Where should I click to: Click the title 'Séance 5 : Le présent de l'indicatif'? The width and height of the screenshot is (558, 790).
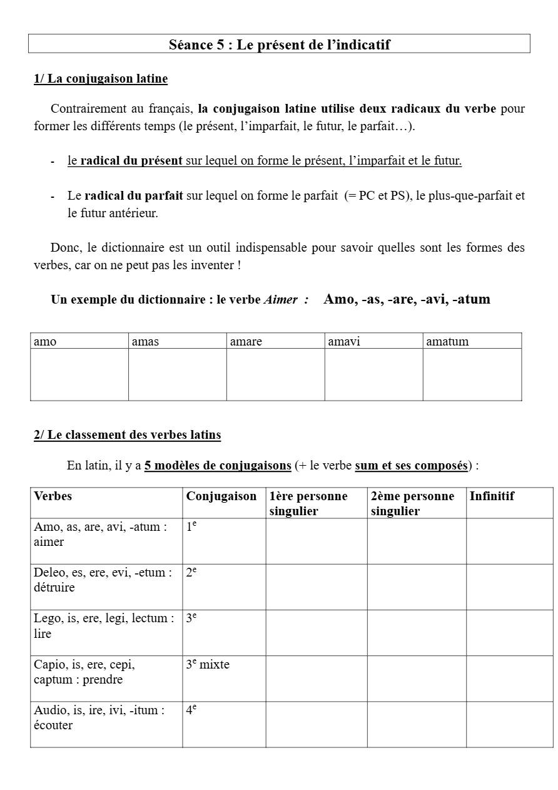pos(279,44)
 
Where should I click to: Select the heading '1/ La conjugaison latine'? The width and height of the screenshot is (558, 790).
pos(101,79)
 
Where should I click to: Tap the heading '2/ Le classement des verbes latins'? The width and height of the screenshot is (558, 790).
pos(127,434)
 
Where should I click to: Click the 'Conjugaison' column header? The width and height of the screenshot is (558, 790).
pos(221,496)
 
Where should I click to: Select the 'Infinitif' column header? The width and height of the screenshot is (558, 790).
pos(492,496)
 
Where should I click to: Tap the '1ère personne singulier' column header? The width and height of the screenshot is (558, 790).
pos(308,503)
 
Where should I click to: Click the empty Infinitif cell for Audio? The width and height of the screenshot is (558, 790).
pos(509,724)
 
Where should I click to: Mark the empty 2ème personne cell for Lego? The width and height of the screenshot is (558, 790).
pos(416,633)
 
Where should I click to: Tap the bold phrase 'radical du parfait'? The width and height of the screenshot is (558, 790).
pos(134,195)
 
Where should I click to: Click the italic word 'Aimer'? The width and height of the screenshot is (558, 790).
pos(280,299)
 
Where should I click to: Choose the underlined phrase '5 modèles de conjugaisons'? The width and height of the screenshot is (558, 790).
pos(218,466)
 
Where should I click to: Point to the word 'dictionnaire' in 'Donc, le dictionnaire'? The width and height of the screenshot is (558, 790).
pos(131,247)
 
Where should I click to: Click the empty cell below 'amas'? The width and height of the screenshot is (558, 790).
pos(177,374)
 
